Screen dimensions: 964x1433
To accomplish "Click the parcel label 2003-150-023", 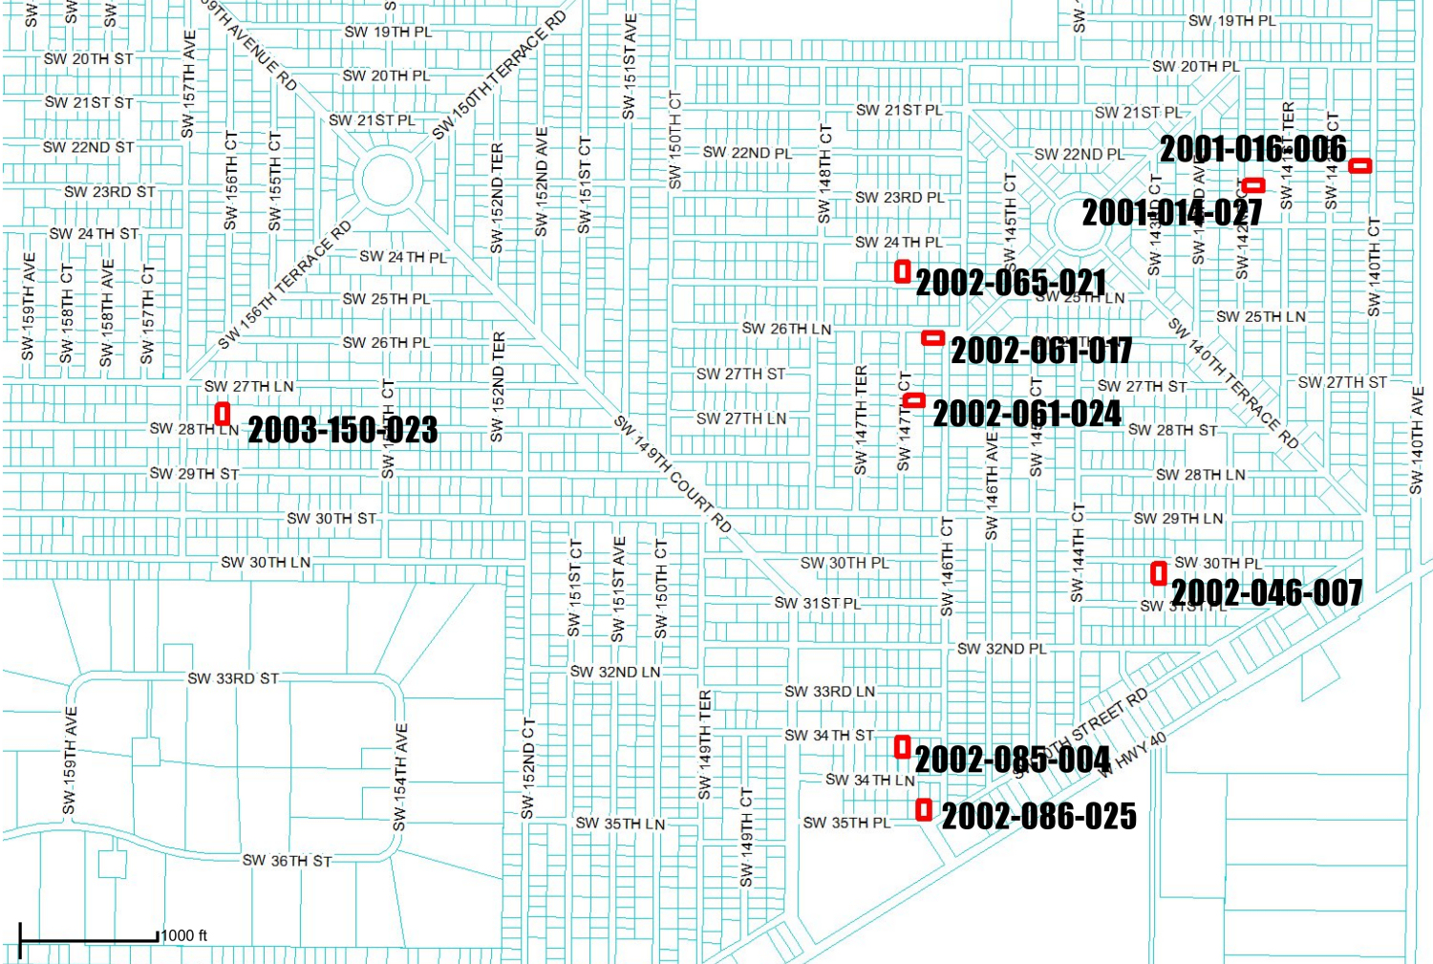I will coord(343,430).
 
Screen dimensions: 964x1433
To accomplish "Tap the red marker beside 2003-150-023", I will coord(223,414).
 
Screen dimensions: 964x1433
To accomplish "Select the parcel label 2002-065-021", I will coord(1011,283).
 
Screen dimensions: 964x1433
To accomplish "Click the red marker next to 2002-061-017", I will coord(933,338).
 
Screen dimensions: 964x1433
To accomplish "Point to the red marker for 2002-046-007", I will coord(1159,573).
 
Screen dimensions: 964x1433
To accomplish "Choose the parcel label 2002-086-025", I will coord(1039,817).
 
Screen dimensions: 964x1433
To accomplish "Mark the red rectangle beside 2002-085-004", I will coord(902,747).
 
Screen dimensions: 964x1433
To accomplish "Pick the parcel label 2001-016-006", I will coord(1252,150).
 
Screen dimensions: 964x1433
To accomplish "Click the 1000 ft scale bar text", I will coord(184,936).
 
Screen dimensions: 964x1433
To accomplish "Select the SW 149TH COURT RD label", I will coord(673,474).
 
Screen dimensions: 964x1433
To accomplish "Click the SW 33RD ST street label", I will coord(233,679).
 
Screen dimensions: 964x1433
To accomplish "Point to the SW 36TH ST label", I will coord(287,861).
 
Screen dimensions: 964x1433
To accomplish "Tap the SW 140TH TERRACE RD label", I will coord(1233,383).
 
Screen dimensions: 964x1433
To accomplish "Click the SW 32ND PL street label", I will coord(1002,650).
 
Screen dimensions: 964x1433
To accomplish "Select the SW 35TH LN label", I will coord(620,824).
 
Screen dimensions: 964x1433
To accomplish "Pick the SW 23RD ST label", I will coord(110,192).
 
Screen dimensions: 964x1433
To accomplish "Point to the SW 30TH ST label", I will coord(332,519).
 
